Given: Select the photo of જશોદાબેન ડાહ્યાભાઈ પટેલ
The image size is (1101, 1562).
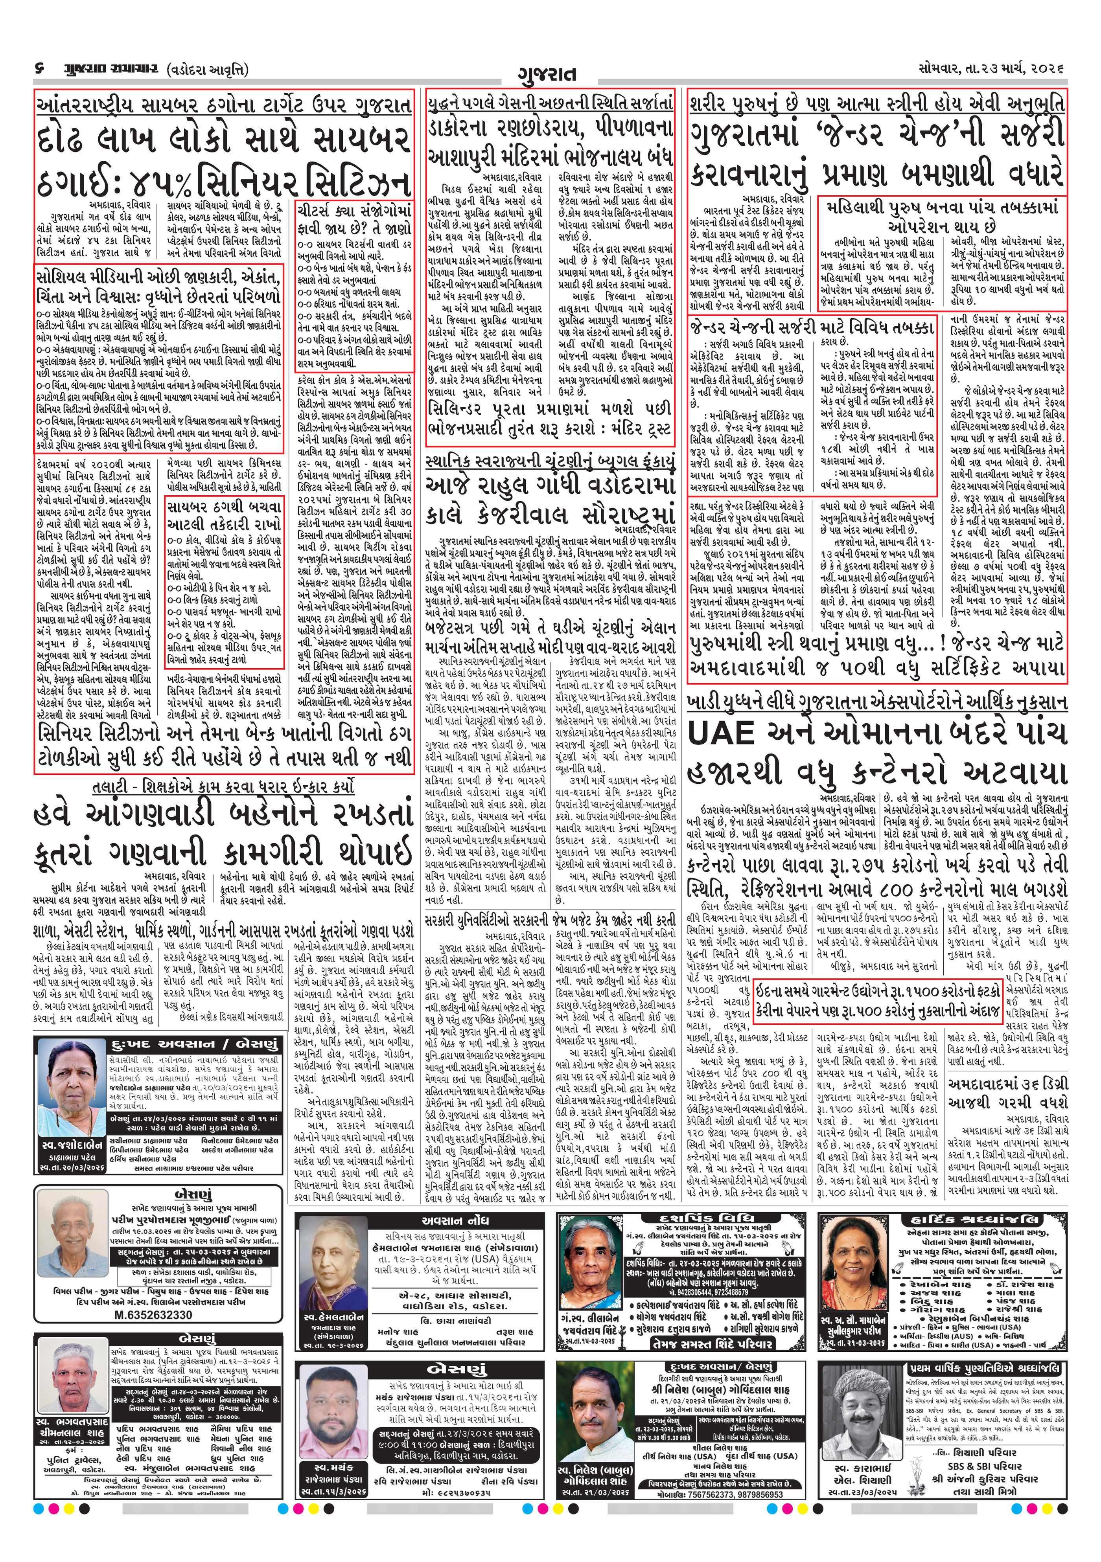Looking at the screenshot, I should (73, 1093).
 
